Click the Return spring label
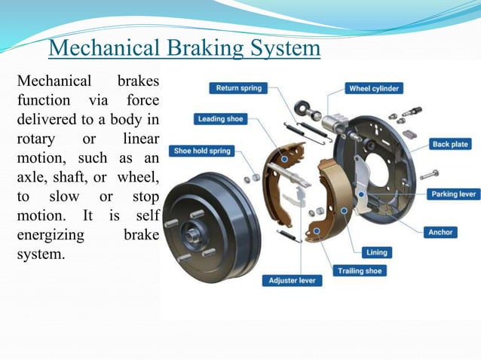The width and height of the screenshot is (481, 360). (x=238, y=88)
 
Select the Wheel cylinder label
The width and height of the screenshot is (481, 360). (x=374, y=88)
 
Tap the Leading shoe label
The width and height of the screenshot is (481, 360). (x=221, y=119)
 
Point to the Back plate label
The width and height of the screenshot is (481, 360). (x=451, y=144)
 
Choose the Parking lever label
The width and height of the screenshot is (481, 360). (x=453, y=194)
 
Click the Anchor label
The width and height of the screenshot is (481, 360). (x=440, y=232)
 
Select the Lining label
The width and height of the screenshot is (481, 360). (x=377, y=252)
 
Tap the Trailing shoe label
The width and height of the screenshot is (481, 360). (x=360, y=270)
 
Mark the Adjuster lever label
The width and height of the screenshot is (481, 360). (x=292, y=280)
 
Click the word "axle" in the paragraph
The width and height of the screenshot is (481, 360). (x=31, y=177)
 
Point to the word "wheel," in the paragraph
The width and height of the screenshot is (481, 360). (x=139, y=177)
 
